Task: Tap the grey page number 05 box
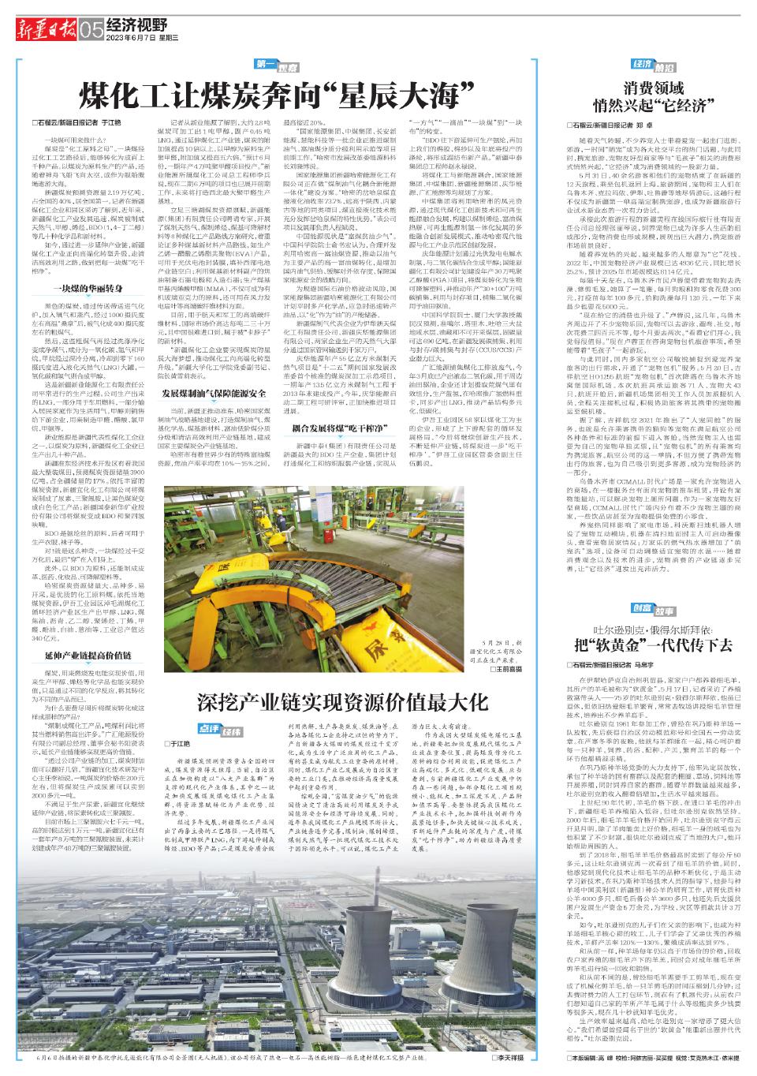[x=90, y=29]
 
